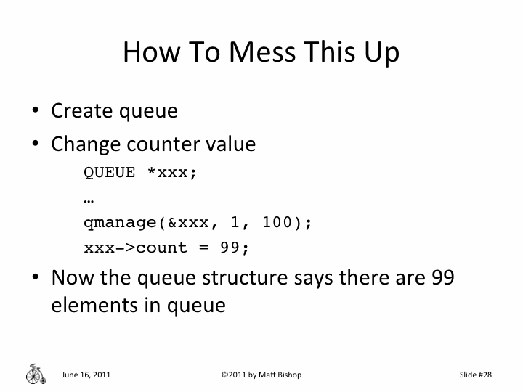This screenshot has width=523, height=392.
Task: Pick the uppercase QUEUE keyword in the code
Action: tap(110, 173)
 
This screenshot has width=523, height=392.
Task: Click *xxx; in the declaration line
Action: tap(172, 173)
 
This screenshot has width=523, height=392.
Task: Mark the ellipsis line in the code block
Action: tap(90, 198)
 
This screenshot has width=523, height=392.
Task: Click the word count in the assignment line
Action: tap(162, 248)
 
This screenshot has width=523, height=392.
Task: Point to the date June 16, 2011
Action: tap(86, 375)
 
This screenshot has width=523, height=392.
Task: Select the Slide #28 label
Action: tap(476, 375)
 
